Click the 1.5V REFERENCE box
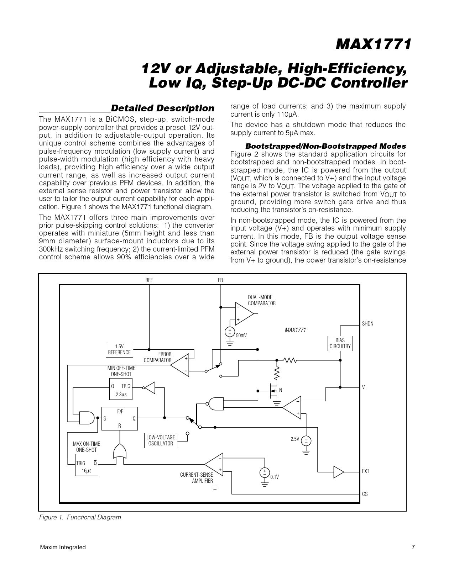tap(119, 349)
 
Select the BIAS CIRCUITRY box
tap(340, 343)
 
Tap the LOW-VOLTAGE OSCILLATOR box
tap(161, 440)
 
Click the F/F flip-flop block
tap(120, 418)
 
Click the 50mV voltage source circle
tap(230, 332)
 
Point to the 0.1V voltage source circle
tap(265, 472)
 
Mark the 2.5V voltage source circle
tap(306, 440)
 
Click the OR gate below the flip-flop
tap(119, 452)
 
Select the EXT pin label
tap(366, 471)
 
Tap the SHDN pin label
tap(368, 324)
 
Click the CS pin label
tap(365, 494)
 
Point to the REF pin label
tap(149, 280)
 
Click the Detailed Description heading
tap(163, 108)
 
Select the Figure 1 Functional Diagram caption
tap(80, 517)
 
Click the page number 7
tap(413, 548)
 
